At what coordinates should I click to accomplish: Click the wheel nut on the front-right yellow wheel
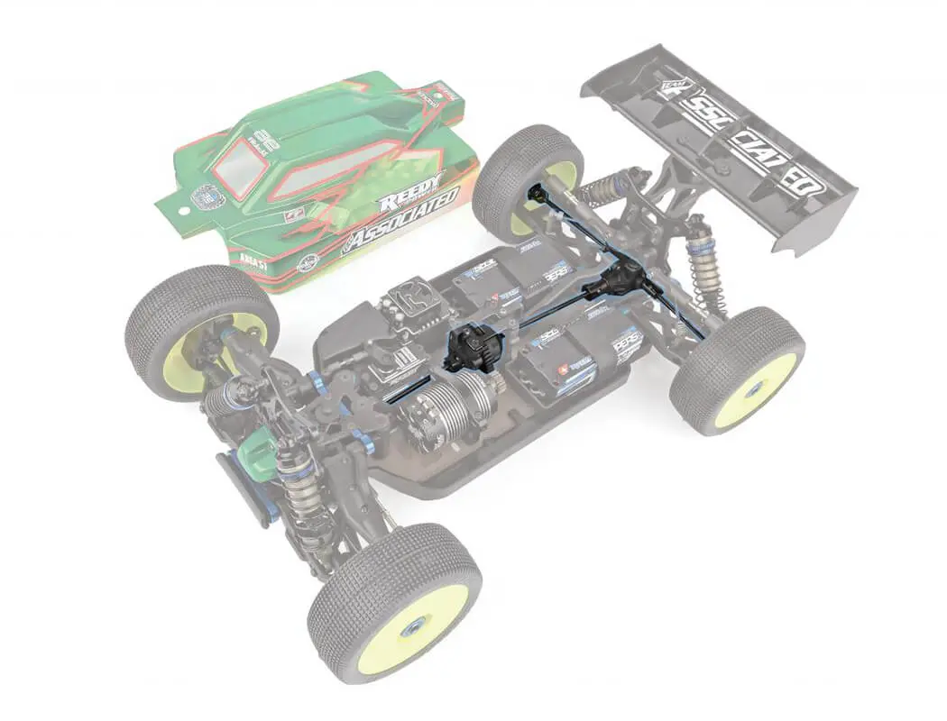tap(410, 629)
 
